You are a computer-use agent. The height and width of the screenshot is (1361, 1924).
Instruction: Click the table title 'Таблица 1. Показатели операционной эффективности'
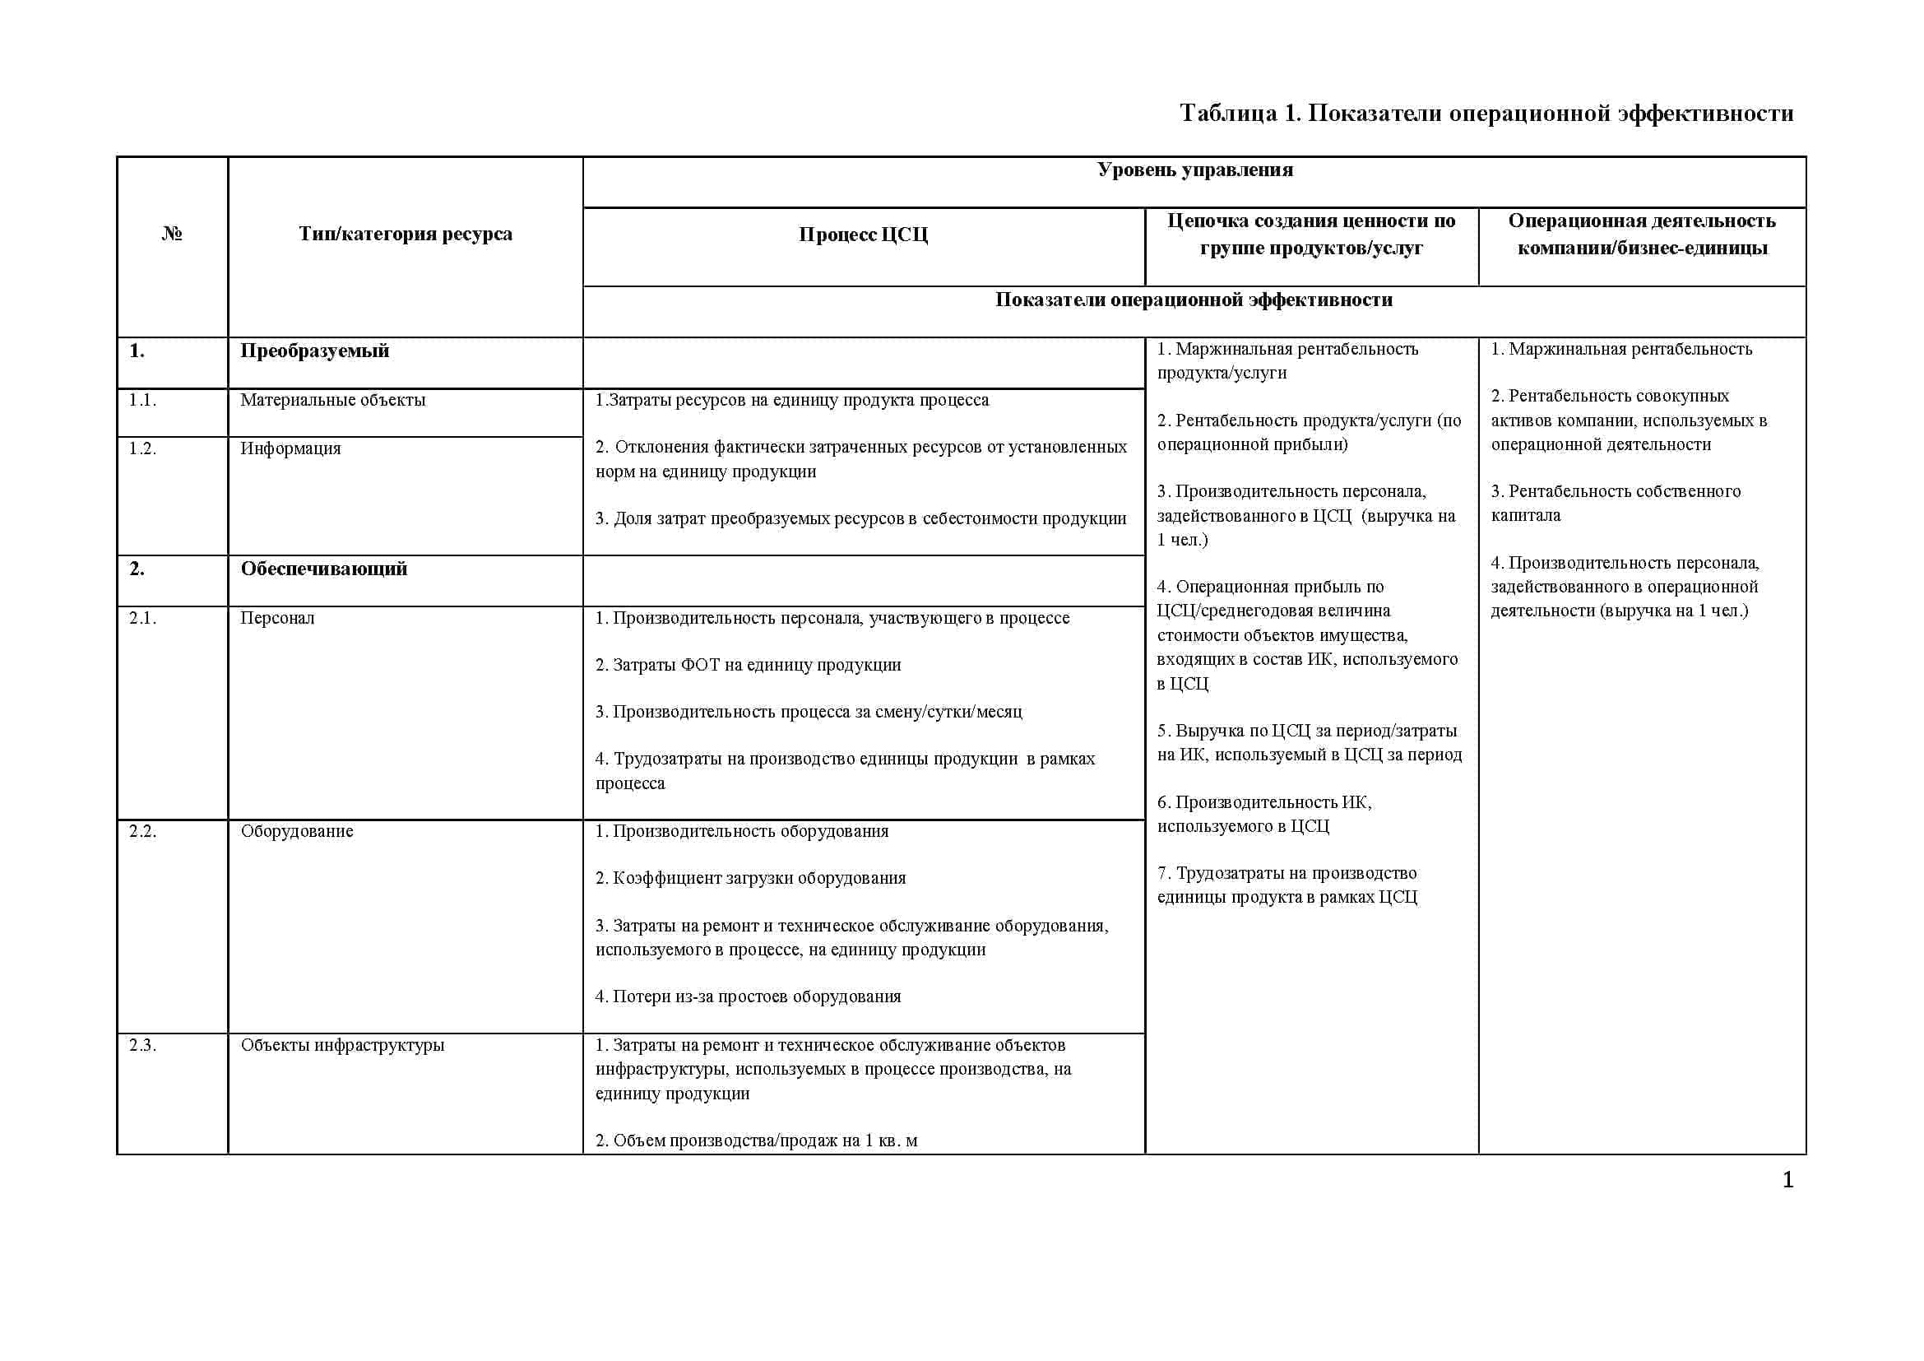tap(1486, 113)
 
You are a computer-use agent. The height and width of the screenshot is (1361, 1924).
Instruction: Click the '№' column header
tap(172, 234)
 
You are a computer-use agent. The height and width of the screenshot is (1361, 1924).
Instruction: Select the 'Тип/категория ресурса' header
tap(406, 234)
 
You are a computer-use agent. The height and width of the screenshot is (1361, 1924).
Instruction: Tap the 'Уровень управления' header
tap(1194, 170)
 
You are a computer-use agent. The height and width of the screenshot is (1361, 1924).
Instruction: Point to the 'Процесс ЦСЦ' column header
tap(863, 235)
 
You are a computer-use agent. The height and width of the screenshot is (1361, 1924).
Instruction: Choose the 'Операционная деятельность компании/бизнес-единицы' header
tap(1642, 234)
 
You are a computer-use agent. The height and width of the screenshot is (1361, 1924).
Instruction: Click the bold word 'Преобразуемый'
tap(315, 351)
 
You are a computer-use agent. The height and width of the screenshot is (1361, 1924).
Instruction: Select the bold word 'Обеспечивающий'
tap(323, 569)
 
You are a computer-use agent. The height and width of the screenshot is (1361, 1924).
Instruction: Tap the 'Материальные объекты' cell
tap(332, 401)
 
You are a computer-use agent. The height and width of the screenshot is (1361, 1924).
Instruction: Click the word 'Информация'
tap(290, 449)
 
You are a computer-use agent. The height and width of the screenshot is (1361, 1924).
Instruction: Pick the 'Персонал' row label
tap(277, 619)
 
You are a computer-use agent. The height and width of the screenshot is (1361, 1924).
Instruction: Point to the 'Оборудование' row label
tap(297, 831)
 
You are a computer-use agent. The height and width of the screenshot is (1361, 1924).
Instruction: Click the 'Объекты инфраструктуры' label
tap(342, 1045)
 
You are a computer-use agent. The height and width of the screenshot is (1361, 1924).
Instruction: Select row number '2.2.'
tap(142, 831)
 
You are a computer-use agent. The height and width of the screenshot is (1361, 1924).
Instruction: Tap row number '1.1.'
tap(142, 401)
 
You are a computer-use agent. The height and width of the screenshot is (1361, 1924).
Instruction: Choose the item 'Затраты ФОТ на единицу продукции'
tap(749, 666)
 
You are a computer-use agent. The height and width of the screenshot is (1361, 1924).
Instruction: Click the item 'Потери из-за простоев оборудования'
tap(749, 996)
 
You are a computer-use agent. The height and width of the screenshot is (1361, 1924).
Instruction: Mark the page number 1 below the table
tap(1787, 1181)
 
